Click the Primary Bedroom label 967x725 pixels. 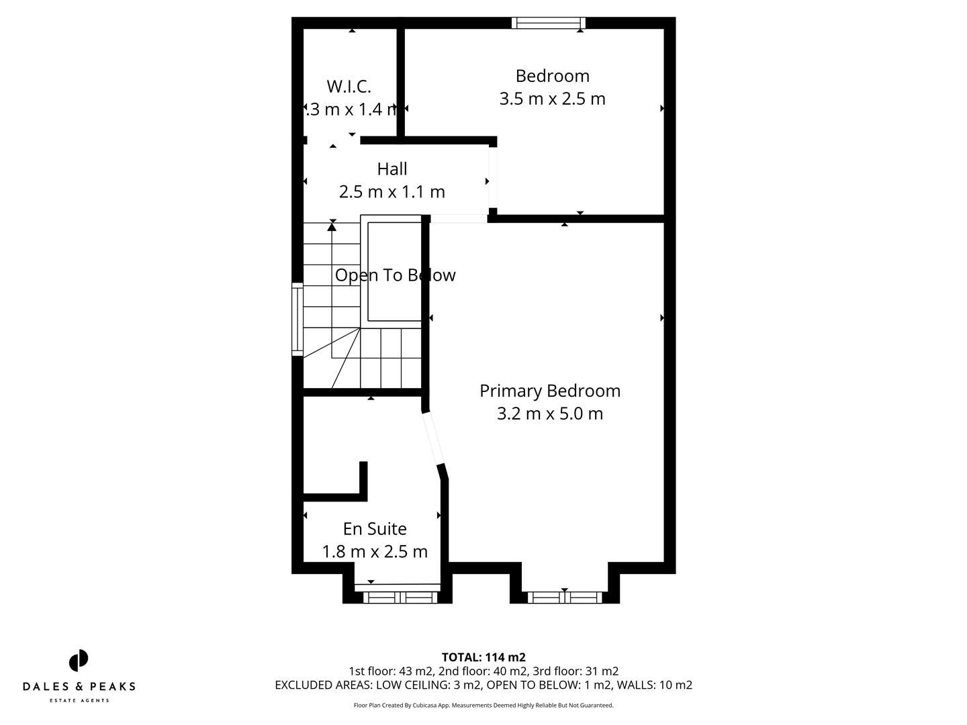click(x=549, y=391)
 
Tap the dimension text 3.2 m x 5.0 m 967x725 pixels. click(x=549, y=414)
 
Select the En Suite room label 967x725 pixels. click(x=375, y=529)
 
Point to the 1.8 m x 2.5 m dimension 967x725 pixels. click(x=375, y=552)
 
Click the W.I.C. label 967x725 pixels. click(x=349, y=86)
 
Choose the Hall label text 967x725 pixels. click(x=392, y=168)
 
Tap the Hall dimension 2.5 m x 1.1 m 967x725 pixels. click(x=392, y=192)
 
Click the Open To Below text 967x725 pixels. click(x=395, y=275)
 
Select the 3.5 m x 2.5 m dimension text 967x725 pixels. click(x=552, y=99)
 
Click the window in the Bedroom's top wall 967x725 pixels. click(x=548, y=23)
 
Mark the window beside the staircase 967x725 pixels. click(x=297, y=319)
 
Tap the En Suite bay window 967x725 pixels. click(x=397, y=596)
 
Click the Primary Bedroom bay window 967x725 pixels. click(x=564, y=597)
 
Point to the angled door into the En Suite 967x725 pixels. click(x=433, y=439)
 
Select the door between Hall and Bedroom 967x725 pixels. click(x=493, y=178)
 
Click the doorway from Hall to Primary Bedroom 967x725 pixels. click(x=459, y=218)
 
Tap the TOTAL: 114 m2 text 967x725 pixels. click(x=483, y=657)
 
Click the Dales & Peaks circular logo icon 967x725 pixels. click(x=79, y=661)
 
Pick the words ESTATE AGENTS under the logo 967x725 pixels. click(x=79, y=701)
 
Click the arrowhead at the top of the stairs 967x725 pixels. click(x=332, y=227)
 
